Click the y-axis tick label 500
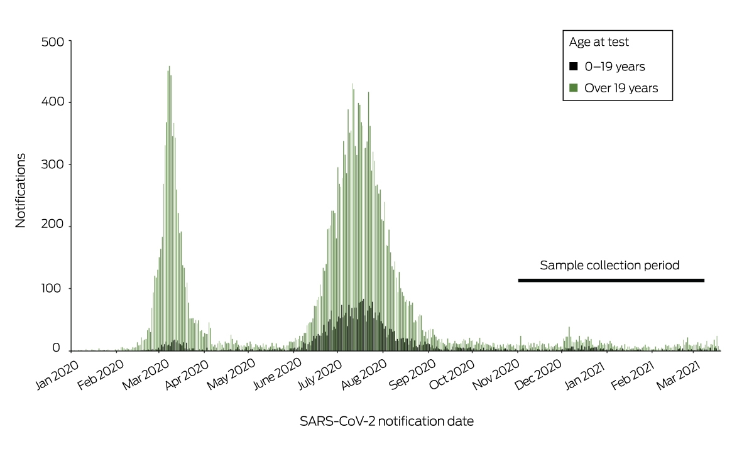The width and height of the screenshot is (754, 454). pyautogui.click(x=53, y=42)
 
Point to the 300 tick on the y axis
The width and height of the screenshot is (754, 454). pyautogui.click(x=53, y=165)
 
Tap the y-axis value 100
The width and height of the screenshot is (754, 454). pyautogui.click(x=51, y=289)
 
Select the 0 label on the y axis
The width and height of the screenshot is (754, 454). pyautogui.click(x=56, y=348)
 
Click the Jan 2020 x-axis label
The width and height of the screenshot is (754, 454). pyautogui.click(x=58, y=374)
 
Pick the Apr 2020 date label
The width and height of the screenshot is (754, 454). pyautogui.click(x=187, y=374)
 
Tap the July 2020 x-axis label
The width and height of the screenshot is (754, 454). pyautogui.click(x=320, y=374)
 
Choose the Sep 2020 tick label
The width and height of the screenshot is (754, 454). pyautogui.click(x=412, y=374)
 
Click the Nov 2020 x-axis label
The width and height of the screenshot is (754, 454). pyautogui.click(x=496, y=374)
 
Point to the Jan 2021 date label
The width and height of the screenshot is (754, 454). pyautogui.click(x=585, y=374)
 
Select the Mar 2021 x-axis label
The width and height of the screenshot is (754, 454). pyautogui.click(x=679, y=374)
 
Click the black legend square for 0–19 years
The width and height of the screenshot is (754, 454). pyautogui.click(x=574, y=67)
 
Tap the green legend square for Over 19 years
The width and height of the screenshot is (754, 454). pyautogui.click(x=574, y=88)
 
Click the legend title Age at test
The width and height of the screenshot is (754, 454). pyautogui.click(x=599, y=42)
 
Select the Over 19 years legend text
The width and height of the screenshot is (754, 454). pyautogui.click(x=621, y=88)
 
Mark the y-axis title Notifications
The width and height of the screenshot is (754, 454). pyautogui.click(x=21, y=191)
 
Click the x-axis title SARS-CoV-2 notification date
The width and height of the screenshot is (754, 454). pyautogui.click(x=387, y=421)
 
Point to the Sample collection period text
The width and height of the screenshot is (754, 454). pyautogui.click(x=609, y=266)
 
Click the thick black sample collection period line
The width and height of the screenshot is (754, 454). pyautogui.click(x=611, y=280)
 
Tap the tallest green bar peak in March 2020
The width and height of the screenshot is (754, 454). pyautogui.click(x=169, y=67)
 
